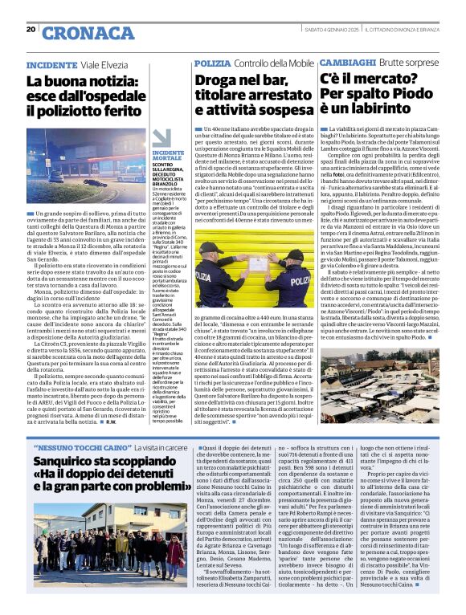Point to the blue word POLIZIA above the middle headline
coord(211,63)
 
